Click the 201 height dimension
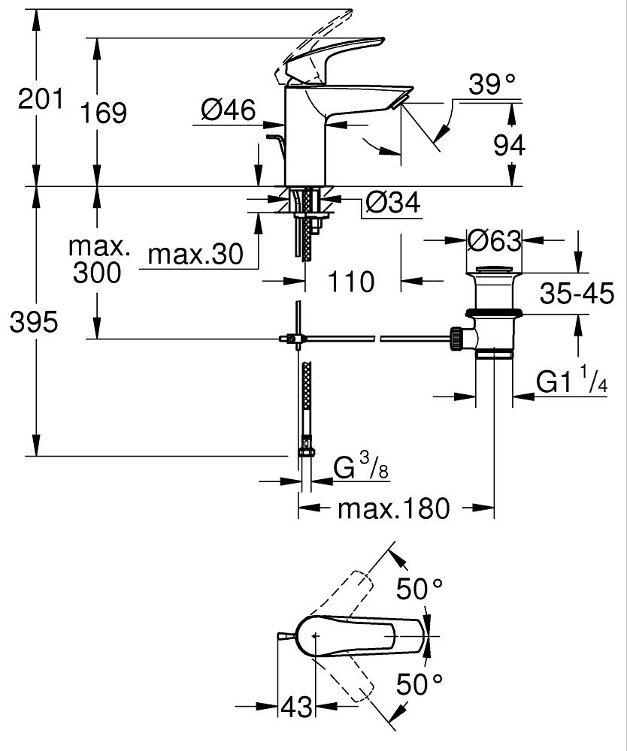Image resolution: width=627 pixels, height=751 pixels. click(x=41, y=98)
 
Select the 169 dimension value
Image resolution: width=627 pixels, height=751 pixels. click(x=104, y=113)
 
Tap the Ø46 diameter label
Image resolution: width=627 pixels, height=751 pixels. click(x=229, y=110)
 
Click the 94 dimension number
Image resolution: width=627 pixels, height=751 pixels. click(x=509, y=146)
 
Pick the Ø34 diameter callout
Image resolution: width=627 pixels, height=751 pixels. click(x=392, y=202)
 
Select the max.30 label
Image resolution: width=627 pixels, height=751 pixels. click(x=195, y=255)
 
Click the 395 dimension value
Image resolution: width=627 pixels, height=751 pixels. click(x=34, y=323)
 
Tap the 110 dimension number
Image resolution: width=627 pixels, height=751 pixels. click(x=351, y=282)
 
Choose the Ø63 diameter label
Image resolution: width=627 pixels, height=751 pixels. click(x=494, y=241)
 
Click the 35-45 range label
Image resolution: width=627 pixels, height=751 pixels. click(x=577, y=293)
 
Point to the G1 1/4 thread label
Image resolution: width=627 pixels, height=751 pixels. click(x=571, y=383)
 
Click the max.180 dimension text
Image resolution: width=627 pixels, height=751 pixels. click(x=393, y=508)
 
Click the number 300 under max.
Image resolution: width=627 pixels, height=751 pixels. click(x=97, y=273)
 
